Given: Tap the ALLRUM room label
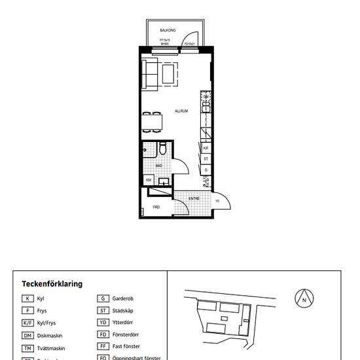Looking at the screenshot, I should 181,111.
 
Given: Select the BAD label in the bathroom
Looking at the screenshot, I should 158,166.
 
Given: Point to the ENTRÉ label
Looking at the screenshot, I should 194,198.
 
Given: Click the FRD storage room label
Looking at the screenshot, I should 156,207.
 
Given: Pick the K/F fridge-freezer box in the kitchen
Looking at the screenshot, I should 206,149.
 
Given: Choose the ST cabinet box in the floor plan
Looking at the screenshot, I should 206,158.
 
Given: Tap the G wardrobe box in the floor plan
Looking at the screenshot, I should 206,169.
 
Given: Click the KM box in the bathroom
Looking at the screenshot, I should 149,180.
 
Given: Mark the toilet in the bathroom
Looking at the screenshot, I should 162,151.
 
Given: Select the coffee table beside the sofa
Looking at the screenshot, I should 170,73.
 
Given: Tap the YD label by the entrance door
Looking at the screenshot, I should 217,201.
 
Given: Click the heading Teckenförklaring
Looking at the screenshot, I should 52,284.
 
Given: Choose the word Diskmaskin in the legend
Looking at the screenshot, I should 50,336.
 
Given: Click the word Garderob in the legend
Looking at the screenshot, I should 124,298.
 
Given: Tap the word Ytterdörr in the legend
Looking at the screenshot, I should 124,323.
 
